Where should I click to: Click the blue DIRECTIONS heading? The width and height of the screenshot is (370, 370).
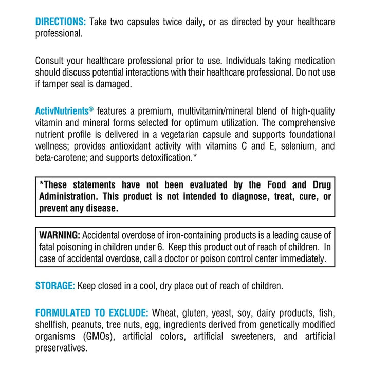pyautogui.click(x=61, y=22)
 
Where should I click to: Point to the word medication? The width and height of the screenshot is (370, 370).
pyautogui.click(x=309, y=61)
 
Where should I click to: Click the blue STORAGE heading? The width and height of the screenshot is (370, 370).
pyautogui.click(x=55, y=286)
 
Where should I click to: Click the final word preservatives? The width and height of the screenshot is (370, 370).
pyautogui.click(x=62, y=348)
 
